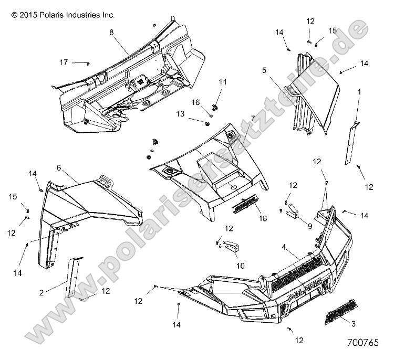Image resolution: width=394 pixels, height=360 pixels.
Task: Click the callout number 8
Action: click(111, 33)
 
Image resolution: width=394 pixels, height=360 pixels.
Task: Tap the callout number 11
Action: click(223, 82)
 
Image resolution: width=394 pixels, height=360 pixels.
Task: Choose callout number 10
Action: click(240, 266)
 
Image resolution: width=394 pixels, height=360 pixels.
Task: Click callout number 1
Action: click(359, 91)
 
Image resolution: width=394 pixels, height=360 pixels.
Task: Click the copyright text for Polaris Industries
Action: click(63, 16)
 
